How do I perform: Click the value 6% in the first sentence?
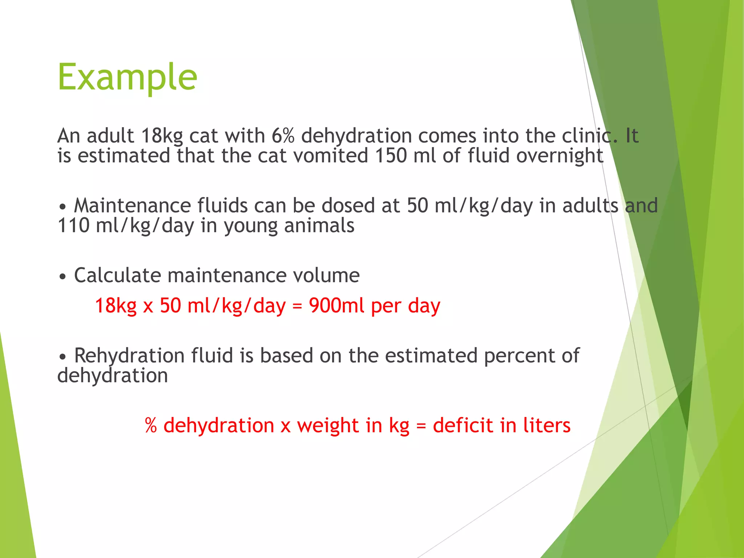[x=283, y=136]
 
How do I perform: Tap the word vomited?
[x=331, y=156]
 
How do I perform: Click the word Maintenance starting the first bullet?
[x=132, y=206]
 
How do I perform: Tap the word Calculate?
[x=117, y=275]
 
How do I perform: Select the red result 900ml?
[x=336, y=306]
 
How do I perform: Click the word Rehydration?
[x=129, y=356]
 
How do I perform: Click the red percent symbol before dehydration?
[x=151, y=425]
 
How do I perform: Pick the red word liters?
[x=547, y=425]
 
